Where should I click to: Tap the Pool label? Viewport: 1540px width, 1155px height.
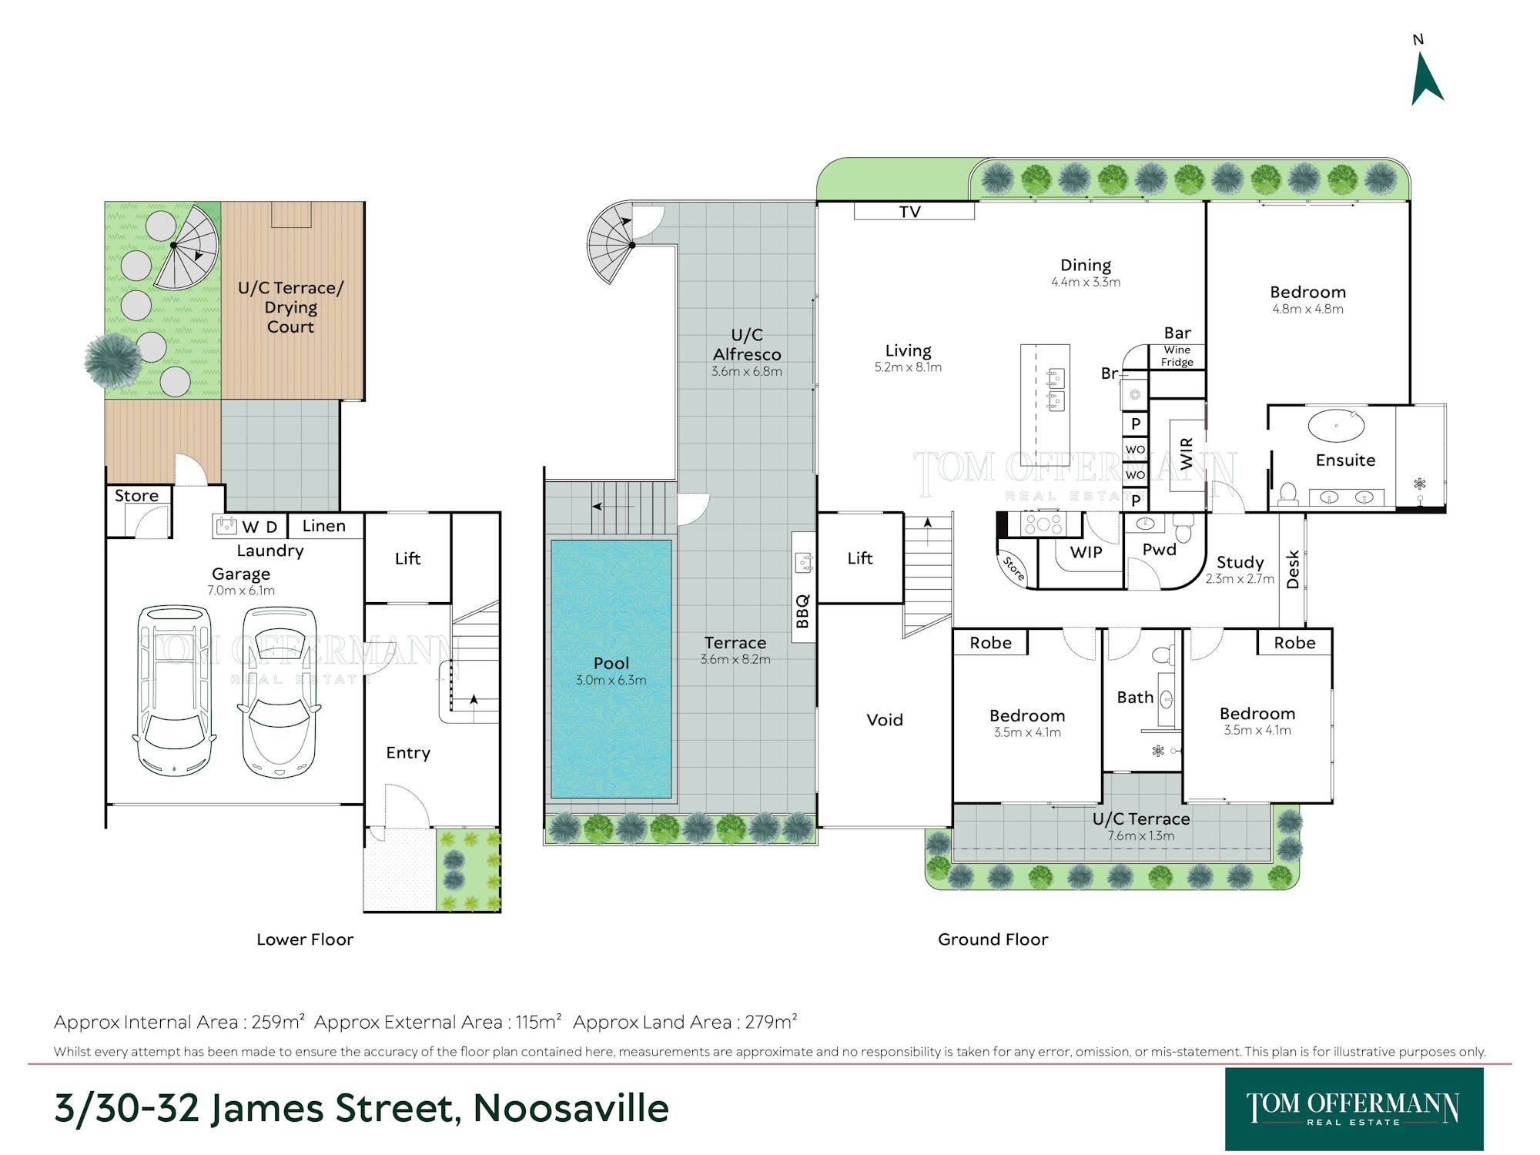[x=611, y=663]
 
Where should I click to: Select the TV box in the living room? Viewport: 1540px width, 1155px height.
[x=914, y=211]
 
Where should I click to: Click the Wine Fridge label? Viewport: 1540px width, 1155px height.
[x=1177, y=356]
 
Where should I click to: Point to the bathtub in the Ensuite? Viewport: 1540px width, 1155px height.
[x=1336, y=426]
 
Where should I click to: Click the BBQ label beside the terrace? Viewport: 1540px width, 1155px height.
[x=802, y=611]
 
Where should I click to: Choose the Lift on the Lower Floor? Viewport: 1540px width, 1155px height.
[x=407, y=558]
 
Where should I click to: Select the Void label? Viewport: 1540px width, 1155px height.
[x=885, y=720]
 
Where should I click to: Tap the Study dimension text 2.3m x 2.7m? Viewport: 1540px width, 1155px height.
[x=1240, y=579]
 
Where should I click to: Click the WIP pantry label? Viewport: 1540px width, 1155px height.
[x=1086, y=552]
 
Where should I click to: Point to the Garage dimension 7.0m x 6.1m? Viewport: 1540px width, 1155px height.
[x=241, y=591]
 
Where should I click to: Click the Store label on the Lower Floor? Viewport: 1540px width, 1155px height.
[x=136, y=496]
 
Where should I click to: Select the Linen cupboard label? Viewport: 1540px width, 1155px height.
[x=323, y=526]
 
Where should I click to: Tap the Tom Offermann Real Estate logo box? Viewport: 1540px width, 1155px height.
[x=1354, y=1109]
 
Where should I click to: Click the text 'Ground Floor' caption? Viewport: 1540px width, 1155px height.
[x=993, y=939]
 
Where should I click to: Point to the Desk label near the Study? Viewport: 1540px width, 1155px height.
[x=1293, y=569]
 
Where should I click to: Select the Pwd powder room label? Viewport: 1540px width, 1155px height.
[x=1159, y=550]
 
